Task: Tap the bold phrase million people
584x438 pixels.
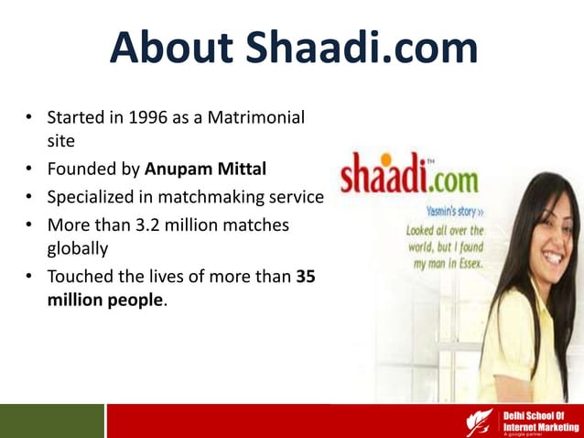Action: [x=104, y=300]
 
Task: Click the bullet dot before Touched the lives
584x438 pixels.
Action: [x=30, y=275]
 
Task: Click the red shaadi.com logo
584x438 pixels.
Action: [x=403, y=174]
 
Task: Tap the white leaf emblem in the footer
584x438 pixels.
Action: [x=479, y=422]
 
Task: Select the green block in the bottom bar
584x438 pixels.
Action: [x=51, y=421]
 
